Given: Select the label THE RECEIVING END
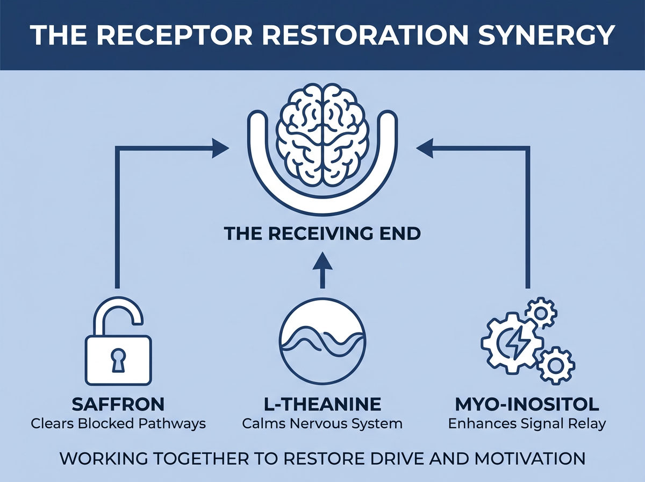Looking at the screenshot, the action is [322, 234].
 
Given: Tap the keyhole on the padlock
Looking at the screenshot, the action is [118, 360].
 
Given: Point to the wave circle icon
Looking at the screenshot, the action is [322, 341].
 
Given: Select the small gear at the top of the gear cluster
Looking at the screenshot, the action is [541, 313].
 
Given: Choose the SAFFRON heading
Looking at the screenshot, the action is [118, 405].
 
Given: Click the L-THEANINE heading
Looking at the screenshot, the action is [322, 405].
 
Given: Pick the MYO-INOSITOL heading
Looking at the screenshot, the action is [527, 405].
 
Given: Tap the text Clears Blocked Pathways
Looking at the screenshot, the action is [118, 424].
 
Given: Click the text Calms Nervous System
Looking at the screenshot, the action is [322, 424].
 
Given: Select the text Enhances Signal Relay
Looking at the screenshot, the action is [527, 424].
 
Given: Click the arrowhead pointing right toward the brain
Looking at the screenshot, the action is [220, 148].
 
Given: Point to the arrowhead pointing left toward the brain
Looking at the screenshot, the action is [424, 148].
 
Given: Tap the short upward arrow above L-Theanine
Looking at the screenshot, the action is [322, 270].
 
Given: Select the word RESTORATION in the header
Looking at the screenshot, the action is [364, 35].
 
